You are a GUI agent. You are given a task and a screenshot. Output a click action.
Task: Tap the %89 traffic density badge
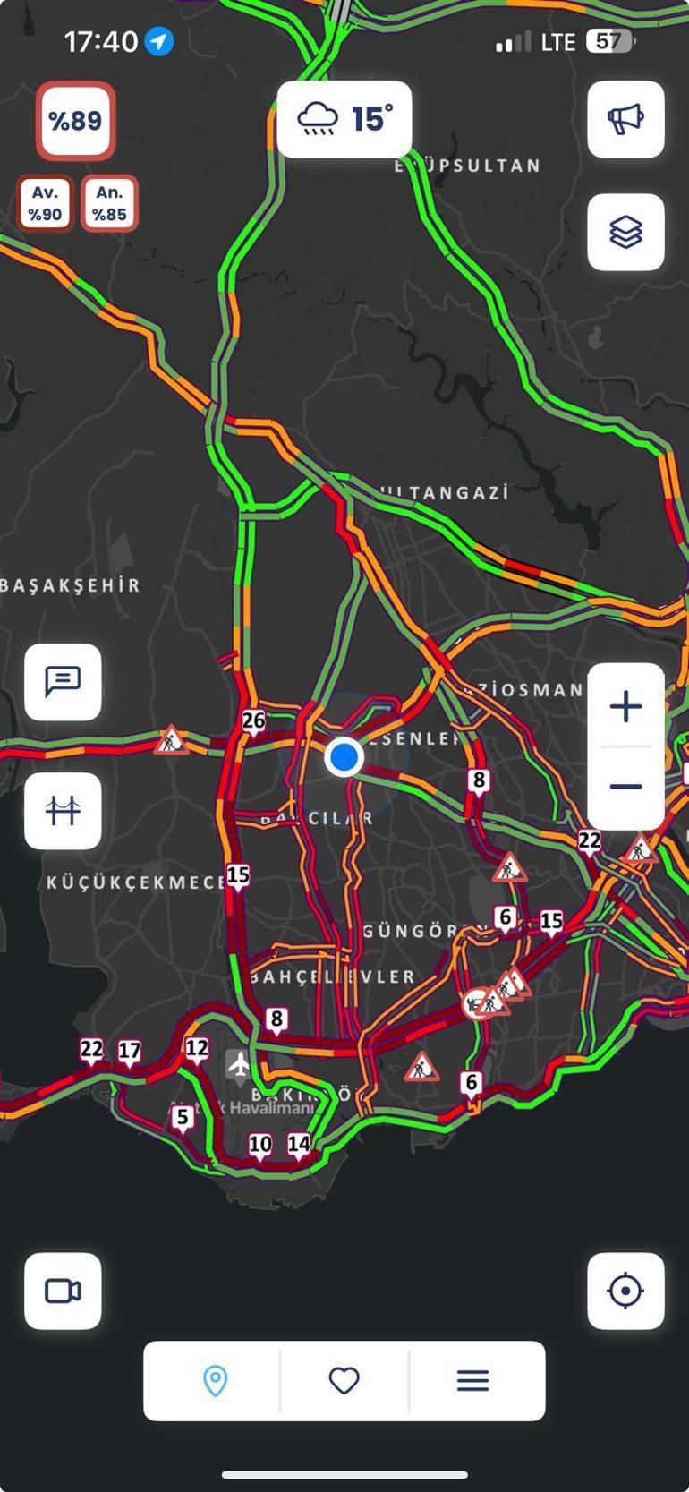[x=75, y=121]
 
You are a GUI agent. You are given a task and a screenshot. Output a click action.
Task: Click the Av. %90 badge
[x=45, y=203]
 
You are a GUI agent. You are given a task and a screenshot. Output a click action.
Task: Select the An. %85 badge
[x=109, y=203]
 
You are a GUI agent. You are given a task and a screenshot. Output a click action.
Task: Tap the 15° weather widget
[x=344, y=119]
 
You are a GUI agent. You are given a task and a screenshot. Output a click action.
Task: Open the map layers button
[x=625, y=232]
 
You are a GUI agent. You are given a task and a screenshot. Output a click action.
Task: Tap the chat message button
[x=63, y=682]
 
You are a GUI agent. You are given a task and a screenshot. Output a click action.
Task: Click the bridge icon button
[x=63, y=811]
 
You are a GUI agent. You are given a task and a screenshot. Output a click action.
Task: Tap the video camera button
[x=63, y=1291]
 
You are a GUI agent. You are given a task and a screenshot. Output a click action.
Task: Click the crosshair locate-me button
[x=625, y=1291]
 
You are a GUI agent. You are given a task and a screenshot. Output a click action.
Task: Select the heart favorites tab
[x=344, y=1380]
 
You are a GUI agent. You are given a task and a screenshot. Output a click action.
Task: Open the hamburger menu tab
[x=473, y=1380]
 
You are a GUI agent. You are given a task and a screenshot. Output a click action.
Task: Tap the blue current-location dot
[x=344, y=757]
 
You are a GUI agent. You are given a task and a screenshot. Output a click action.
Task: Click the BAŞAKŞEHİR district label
[x=70, y=586]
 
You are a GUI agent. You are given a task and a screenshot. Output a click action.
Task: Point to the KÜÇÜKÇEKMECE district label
[x=134, y=882]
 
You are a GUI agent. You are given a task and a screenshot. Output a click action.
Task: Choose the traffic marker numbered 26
[x=254, y=720]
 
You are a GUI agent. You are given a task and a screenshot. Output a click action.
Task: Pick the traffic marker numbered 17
[x=130, y=1051]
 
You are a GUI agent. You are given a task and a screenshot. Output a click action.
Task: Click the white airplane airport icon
[x=239, y=1064]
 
